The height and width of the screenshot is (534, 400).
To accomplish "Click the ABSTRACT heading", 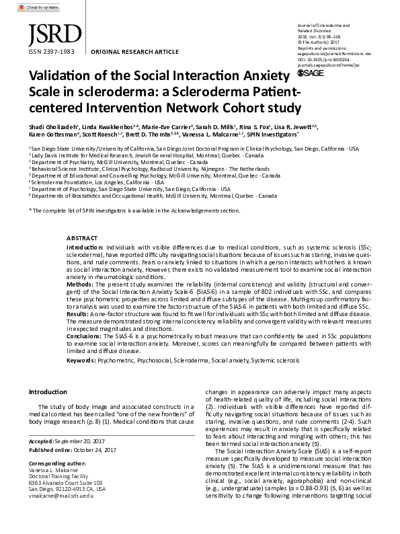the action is (x=82, y=237).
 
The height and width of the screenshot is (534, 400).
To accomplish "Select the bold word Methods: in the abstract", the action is (x=81, y=285).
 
